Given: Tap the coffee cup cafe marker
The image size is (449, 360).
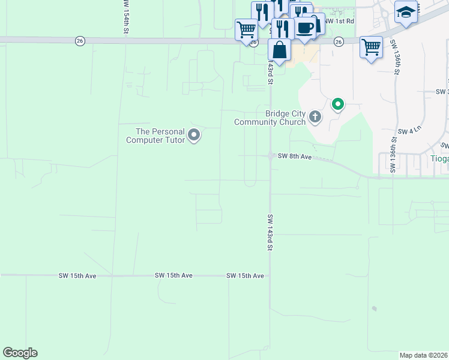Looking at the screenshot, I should tap(306, 28).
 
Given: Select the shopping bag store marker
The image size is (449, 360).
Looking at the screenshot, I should tap(280, 50).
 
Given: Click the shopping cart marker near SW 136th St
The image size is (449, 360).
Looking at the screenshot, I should tap(371, 47).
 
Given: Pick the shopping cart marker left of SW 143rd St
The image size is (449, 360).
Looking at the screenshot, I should tap(246, 29).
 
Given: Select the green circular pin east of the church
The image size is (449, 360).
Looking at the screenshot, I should tap(338, 105).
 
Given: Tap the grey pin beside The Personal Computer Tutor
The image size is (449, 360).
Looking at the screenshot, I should tap(194, 136).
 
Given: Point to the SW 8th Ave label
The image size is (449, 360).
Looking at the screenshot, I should tap(295, 156).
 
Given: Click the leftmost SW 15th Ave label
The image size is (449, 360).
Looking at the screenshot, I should tap(77, 275).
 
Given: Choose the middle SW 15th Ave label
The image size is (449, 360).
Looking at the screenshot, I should tap(173, 275).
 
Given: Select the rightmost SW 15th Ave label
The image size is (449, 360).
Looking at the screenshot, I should tap(245, 275).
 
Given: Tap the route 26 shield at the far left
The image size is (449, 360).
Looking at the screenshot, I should tap(80, 41).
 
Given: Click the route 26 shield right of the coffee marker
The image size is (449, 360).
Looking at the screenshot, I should tap(339, 41).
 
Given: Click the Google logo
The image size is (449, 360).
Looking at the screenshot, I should tap(20, 353).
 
